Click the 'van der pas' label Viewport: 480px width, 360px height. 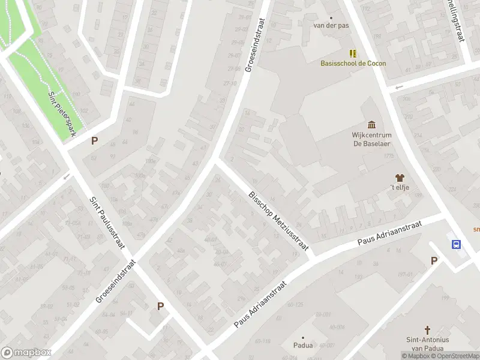pos(331,25)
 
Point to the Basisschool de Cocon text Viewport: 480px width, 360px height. pos(353,63)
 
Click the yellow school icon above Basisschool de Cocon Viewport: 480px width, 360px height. pos(353,53)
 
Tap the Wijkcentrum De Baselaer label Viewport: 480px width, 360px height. pos(371,139)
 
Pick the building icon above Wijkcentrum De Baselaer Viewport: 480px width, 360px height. pos(371,125)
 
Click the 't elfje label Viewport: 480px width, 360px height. pos(400,188)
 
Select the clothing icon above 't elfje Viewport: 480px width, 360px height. pos(400,177)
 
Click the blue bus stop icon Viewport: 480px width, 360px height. pos(457,244)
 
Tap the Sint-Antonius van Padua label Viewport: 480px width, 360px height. pos(427,344)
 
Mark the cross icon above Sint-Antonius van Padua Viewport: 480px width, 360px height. pos(428,330)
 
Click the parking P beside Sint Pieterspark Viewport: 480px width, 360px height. pos(94,141)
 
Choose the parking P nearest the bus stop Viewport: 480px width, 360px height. pos(434,260)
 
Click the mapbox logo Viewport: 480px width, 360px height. pos(26,353)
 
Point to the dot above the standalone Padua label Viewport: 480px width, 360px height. pos(302,338)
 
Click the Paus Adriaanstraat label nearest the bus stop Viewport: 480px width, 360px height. pos(390,232)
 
